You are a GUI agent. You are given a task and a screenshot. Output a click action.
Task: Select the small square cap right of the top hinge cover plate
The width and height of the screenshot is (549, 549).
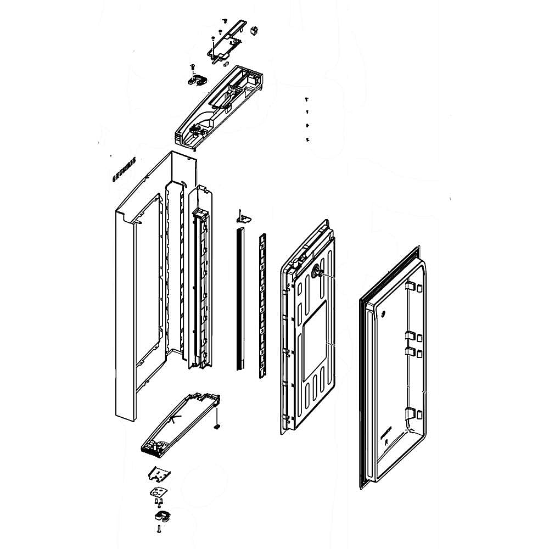(254, 30)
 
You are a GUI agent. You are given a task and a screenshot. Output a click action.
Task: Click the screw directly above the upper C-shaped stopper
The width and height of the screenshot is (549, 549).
(193, 66)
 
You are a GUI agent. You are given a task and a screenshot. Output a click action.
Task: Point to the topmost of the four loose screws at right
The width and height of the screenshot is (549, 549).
(307, 99)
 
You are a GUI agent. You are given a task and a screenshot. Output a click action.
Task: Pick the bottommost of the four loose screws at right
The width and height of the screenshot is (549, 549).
(307, 140)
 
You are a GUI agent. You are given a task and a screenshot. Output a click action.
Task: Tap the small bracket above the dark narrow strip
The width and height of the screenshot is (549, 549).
(242, 217)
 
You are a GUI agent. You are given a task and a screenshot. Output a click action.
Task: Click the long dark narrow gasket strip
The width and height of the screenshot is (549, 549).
(240, 299)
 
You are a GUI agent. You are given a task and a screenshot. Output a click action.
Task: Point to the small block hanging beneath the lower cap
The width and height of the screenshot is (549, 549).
(217, 426)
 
